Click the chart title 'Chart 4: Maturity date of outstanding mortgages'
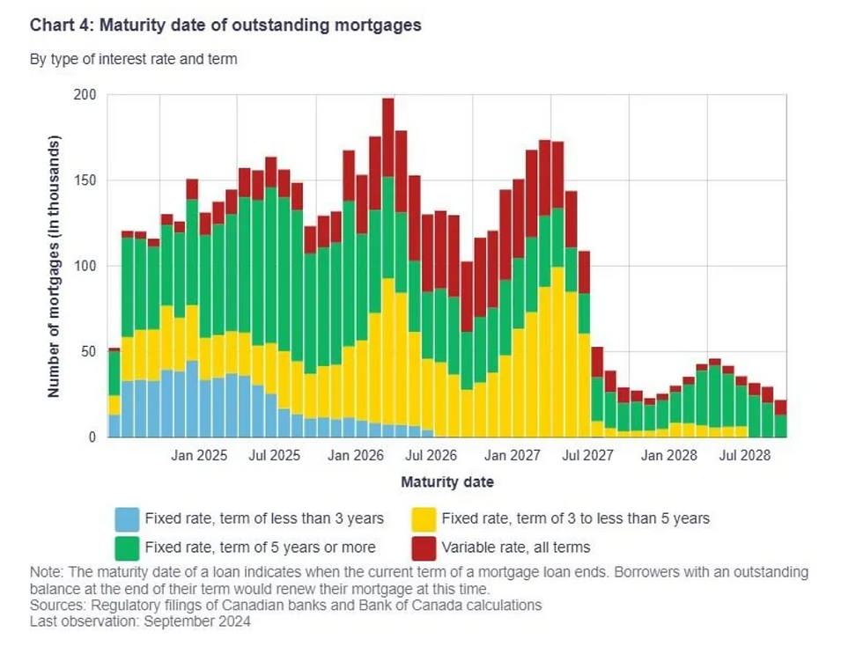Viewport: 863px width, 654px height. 225,25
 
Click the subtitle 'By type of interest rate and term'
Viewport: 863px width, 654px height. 133,59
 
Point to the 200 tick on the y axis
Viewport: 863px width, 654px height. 88,95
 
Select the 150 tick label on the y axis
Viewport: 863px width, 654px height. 88,180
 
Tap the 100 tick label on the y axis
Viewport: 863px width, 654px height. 88,266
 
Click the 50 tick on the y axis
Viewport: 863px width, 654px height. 92,351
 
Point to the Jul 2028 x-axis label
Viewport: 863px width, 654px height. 747,456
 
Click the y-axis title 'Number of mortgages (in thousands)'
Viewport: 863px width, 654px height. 55,266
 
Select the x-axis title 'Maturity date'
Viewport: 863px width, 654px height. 447,482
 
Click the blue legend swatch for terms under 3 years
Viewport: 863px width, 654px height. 127,518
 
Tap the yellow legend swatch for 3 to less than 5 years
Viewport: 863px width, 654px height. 424,518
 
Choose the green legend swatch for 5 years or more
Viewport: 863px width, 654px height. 127,547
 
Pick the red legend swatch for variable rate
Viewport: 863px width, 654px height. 424,547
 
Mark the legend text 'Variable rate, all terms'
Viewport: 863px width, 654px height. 516,547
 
